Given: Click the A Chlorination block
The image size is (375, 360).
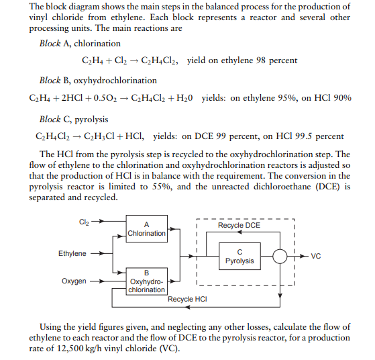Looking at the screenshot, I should click(x=146, y=228).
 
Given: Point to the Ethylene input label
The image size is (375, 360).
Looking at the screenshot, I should click(x=72, y=253).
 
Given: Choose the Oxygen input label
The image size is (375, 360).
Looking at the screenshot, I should click(x=74, y=281).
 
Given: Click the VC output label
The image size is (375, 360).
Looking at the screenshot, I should click(x=317, y=256).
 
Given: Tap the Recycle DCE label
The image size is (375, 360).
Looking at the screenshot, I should click(x=239, y=225).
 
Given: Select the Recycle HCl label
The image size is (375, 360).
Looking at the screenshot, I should click(x=186, y=299).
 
